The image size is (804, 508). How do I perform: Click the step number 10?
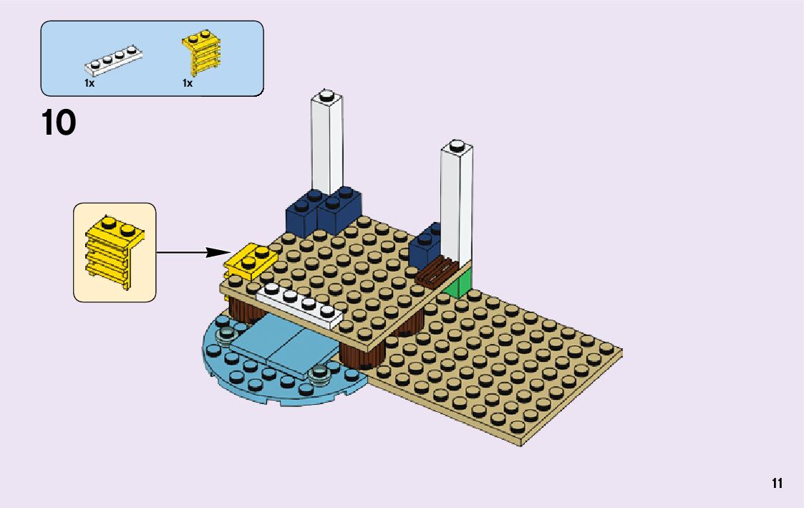pyautogui.click(x=59, y=123)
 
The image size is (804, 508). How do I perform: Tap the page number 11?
pyautogui.click(x=777, y=484)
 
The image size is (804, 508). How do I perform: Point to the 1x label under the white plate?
pyautogui.click(x=89, y=83)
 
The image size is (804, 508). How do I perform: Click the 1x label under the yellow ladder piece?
pyautogui.click(x=188, y=83)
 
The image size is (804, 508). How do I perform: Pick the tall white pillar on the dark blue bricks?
pyautogui.click(x=326, y=143)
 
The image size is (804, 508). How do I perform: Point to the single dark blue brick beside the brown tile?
pyautogui.click(x=426, y=244)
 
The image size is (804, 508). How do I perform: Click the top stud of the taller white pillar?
pyautogui.click(x=326, y=95)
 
